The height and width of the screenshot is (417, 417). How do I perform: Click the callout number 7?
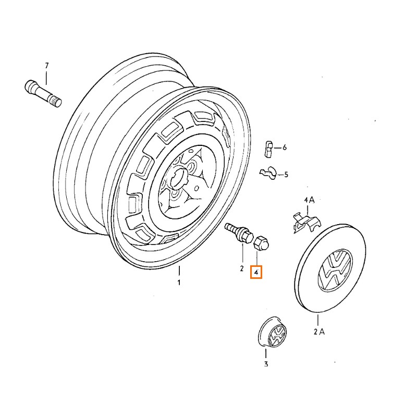coord(46,66)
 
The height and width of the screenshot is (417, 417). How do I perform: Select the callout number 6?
coord(285,148)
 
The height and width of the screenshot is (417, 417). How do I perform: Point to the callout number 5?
coord(286,175)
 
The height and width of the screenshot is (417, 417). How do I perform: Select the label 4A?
coord(310,200)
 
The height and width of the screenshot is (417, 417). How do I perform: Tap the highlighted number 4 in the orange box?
coord(256,272)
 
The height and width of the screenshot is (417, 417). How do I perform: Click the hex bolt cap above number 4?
coord(261,243)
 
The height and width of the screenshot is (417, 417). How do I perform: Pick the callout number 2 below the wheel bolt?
coord(242,269)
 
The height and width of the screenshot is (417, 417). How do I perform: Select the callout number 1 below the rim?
coord(179,283)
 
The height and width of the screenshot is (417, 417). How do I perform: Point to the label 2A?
coord(318,332)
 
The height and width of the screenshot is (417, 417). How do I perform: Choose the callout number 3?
coord(265,364)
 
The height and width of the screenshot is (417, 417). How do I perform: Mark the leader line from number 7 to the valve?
coord(46,77)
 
